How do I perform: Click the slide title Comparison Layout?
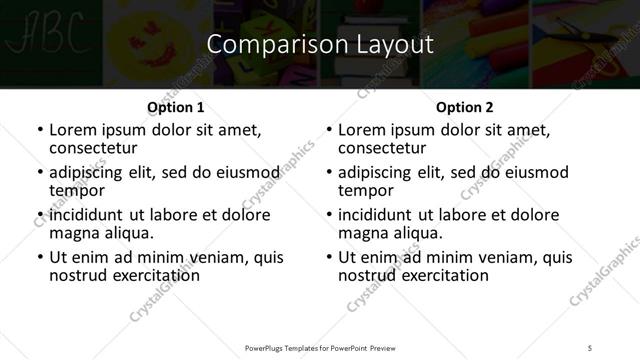pyautogui.click(x=319, y=45)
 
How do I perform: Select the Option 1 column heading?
pyautogui.click(x=176, y=106)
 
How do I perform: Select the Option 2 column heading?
pyautogui.click(x=465, y=106)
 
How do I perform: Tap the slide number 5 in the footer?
pyautogui.click(x=591, y=347)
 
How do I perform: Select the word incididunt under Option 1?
pyautogui.click(x=86, y=215)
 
